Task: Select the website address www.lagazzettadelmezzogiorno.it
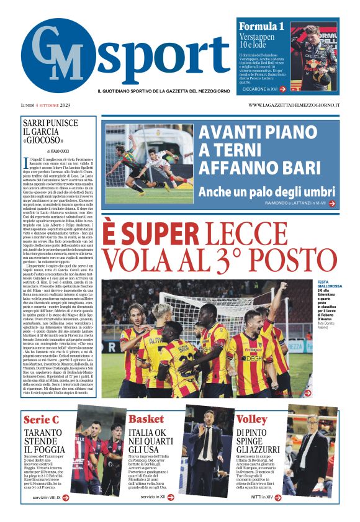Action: pos(294,105)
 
